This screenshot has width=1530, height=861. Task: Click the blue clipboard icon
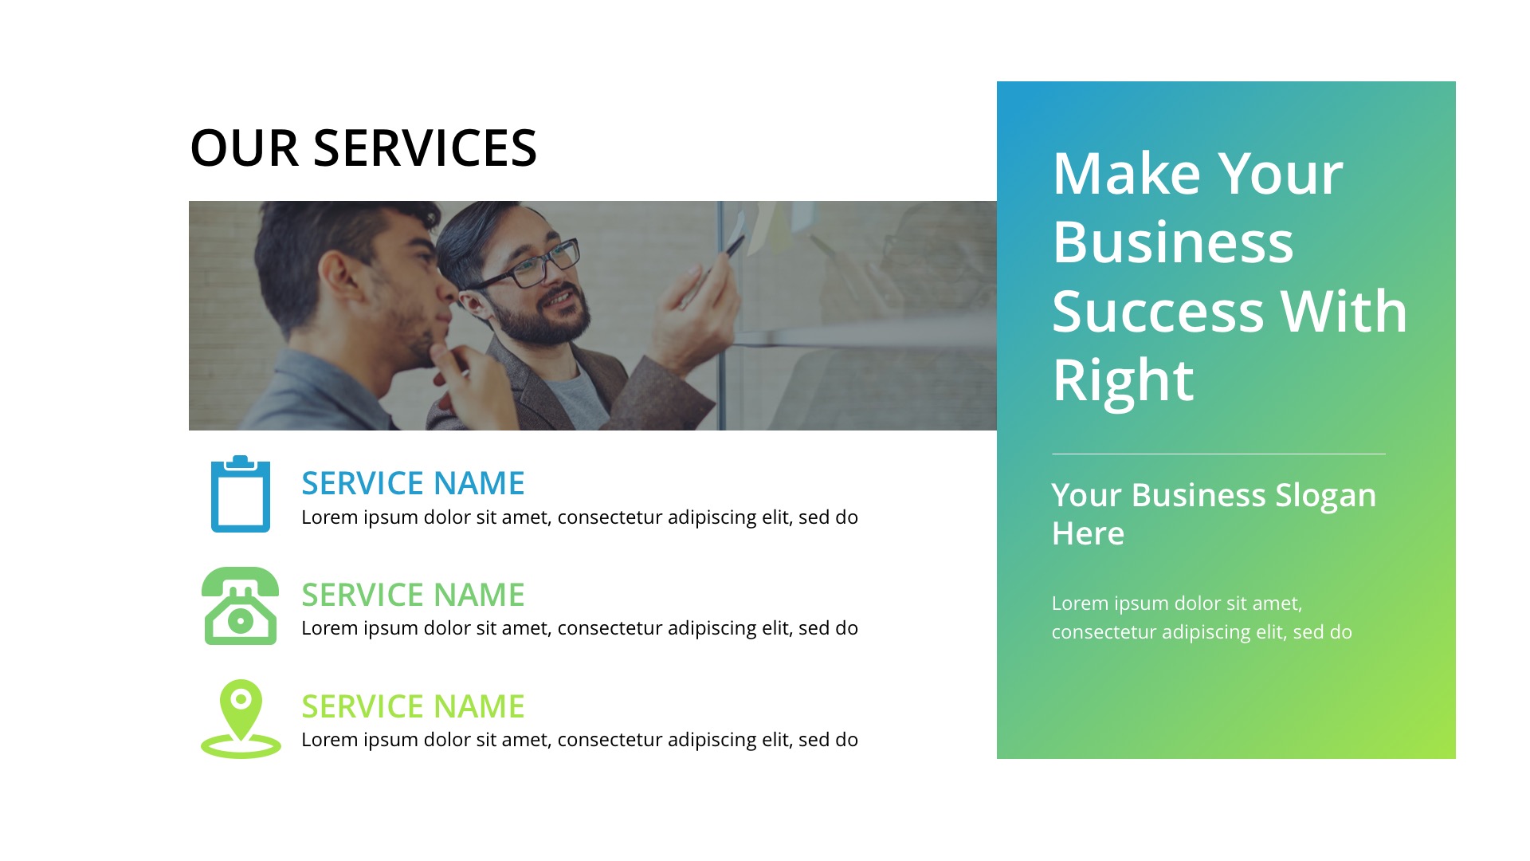(240, 494)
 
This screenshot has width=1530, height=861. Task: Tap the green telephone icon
(240, 606)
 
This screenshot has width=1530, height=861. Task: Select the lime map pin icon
(241, 717)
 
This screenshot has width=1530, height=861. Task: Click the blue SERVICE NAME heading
(413, 483)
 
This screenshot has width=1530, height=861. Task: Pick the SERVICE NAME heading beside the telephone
(413, 595)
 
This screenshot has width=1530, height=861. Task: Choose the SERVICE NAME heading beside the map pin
(413, 706)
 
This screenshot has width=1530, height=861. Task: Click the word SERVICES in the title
(425, 148)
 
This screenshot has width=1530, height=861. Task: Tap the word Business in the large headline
(1173, 242)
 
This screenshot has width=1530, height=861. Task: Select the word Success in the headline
(1157, 312)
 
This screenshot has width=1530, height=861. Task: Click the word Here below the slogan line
(1088, 533)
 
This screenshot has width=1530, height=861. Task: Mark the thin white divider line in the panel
(1218, 454)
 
